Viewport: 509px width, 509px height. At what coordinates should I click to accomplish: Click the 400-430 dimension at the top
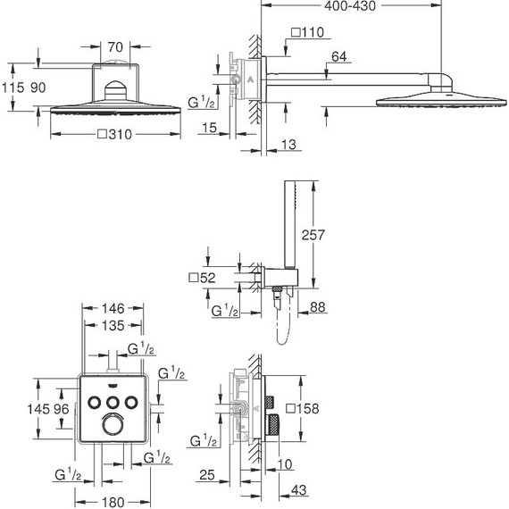pos(350,6)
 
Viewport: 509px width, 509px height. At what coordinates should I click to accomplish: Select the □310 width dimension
pos(114,134)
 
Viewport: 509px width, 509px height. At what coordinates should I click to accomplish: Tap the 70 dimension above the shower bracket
pos(115,47)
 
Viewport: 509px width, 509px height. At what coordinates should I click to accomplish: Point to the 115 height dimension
pos(13,88)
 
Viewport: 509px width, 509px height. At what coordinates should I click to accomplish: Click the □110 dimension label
pos(307,32)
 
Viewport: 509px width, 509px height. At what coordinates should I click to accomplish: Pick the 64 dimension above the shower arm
pos(339,57)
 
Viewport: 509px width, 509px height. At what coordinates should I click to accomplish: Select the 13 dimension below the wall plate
pos(288,145)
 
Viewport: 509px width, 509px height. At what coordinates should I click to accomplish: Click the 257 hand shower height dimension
pos(313,235)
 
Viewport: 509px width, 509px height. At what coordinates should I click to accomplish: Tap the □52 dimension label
pos(202,278)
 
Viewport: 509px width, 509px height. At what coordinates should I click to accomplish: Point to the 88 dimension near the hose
pos(317,307)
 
